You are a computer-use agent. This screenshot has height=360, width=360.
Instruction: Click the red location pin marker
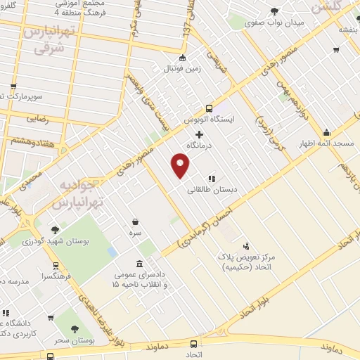tap(181, 165)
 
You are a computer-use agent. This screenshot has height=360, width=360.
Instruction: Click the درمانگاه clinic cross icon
tap(200, 134)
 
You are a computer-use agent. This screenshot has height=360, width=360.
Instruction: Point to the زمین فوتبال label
tap(182, 69)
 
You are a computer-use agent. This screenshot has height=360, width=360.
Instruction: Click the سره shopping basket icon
tap(135, 221)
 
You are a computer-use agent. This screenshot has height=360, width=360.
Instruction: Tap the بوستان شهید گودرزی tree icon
tap(56, 229)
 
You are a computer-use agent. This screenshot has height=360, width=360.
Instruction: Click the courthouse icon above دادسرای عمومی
tap(138, 264)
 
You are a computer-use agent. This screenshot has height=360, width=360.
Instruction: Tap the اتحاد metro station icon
tap(194, 344)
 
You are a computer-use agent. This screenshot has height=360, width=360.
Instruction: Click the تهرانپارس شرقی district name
tap(46, 40)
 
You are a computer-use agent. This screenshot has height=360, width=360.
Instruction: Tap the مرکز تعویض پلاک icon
tap(246, 247)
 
